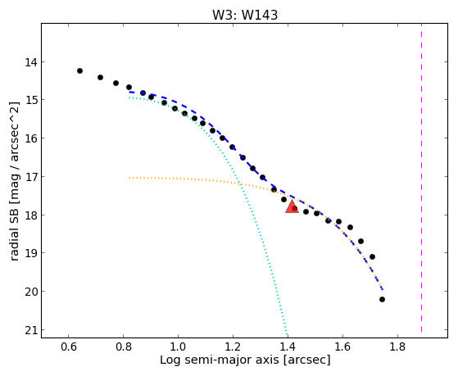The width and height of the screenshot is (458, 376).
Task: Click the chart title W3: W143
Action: (245, 15)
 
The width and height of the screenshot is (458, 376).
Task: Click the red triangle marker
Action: (292, 207)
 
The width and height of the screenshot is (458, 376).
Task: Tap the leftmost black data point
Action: (79, 70)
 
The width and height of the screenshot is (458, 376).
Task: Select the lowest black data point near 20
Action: (382, 299)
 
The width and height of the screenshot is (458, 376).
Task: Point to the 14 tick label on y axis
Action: (30, 62)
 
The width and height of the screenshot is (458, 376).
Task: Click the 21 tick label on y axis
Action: (30, 330)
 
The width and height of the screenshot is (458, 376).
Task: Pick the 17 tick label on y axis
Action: (30, 177)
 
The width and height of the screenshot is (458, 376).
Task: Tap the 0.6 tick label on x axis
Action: (68, 347)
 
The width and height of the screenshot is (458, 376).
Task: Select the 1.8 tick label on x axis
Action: (397, 347)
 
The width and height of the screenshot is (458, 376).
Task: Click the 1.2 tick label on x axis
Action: (233, 347)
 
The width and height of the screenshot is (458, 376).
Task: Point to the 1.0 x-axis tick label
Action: (178, 347)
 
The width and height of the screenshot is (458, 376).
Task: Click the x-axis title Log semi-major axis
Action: (245, 360)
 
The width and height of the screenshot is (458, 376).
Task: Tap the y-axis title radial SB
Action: (15, 181)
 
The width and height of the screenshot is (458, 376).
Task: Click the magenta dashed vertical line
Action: (421, 178)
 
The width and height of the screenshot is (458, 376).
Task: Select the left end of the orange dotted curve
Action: (129, 177)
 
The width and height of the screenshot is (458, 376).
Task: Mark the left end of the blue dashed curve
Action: (129, 92)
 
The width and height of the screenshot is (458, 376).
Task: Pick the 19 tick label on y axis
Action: (30, 253)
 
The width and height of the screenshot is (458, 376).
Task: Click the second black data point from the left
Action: (100, 78)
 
